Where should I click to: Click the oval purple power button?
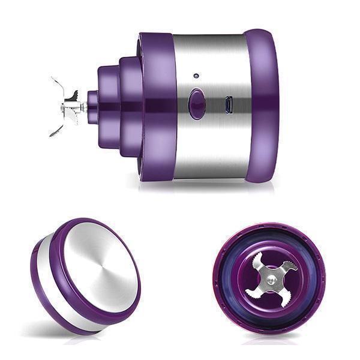(196, 104)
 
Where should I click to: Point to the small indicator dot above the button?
(196, 76)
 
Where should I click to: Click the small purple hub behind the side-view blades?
(92, 107)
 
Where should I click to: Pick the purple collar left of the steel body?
(157, 106)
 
